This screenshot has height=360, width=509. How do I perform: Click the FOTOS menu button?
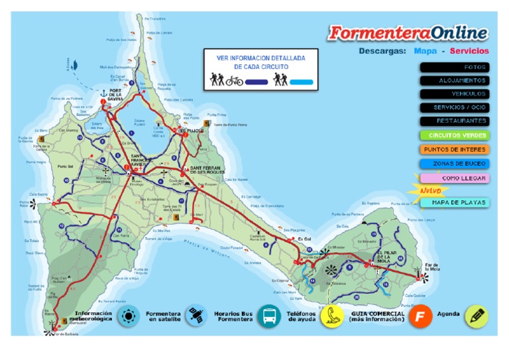point(455,67)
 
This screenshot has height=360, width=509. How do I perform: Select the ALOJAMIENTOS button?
point(455,80)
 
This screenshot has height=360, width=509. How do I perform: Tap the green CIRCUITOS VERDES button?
point(455,135)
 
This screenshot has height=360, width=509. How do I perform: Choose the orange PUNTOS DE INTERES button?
point(455,149)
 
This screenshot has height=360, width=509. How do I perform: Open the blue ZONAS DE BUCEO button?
point(455,163)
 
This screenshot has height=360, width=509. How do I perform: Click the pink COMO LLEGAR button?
point(455,178)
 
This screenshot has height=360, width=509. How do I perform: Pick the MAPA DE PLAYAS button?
point(455,202)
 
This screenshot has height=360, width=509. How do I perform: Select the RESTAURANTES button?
point(455,121)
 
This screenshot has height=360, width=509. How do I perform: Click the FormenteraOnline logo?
point(408,32)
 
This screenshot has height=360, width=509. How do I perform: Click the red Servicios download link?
point(469,50)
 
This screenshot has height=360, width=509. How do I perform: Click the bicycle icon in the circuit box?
point(234,82)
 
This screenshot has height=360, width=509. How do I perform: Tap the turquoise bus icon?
point(269,316)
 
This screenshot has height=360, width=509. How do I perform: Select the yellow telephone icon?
point(332,316)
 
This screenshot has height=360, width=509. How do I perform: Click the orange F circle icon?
point(420,316)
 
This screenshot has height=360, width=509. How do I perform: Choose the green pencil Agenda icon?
point(476,316)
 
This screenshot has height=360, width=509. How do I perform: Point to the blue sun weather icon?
point(128,316)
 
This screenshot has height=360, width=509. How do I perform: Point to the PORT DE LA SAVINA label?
point(115,95)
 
